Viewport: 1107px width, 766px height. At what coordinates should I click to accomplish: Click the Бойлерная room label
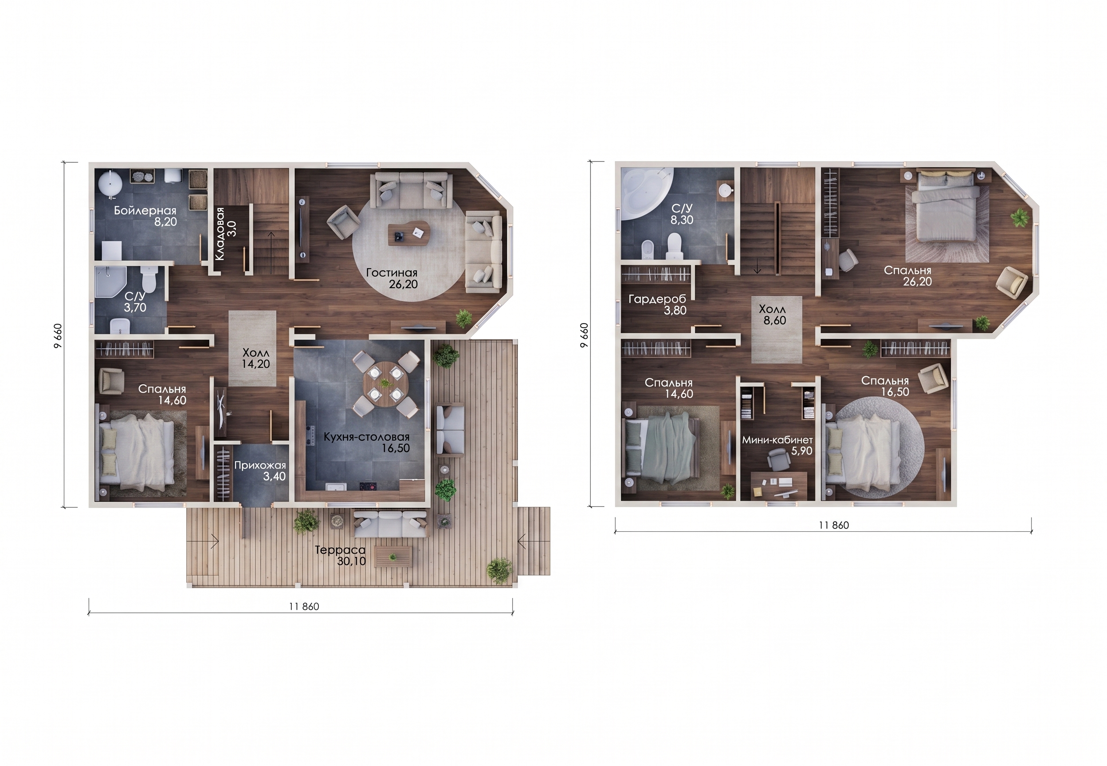145,211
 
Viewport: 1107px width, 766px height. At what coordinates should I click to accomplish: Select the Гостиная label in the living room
391,273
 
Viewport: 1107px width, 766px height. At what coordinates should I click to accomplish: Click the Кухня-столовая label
366,437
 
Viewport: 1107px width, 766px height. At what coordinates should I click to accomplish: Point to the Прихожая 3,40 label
260,471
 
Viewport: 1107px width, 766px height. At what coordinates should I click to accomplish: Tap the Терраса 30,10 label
341,555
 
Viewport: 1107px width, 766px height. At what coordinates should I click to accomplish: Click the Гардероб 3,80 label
657,305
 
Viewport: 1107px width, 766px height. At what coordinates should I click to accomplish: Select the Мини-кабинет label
777,440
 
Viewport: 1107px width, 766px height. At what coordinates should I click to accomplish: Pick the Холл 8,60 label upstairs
773,315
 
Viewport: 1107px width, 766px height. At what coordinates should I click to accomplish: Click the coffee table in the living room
409,233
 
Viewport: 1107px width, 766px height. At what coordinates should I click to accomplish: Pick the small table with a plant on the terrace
393,556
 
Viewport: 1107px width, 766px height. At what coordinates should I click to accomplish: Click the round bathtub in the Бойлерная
111,184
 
